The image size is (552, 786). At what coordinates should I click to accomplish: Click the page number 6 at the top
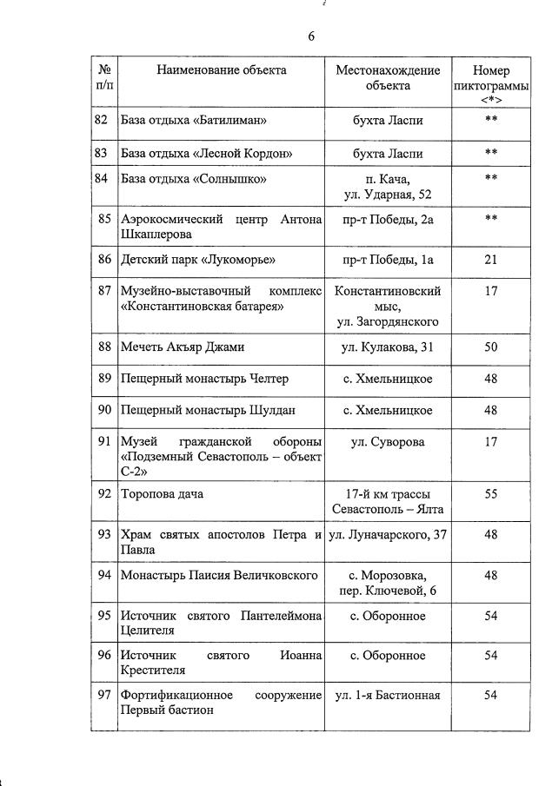tap(310, 36)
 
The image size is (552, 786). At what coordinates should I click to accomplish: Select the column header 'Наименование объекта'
tap(221, 70)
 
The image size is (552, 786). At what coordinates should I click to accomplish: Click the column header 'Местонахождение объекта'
tap(388, 78)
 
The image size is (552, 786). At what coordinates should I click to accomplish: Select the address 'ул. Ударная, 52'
tap(388, 194)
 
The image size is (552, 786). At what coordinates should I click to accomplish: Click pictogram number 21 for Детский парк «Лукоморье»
tap(491, 259)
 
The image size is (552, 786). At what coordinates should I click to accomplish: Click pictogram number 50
tap(491, 347)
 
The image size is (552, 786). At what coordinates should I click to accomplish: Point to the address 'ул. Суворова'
tap(388, 442)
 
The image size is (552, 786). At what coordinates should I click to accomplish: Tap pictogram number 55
tap(491, 493)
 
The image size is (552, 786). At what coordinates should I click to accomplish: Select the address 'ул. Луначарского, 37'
tap(388, 534)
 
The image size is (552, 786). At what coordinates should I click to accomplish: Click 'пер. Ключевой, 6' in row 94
tap(388, 591)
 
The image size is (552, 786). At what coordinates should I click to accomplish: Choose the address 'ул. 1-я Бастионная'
tap(388, 695)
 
